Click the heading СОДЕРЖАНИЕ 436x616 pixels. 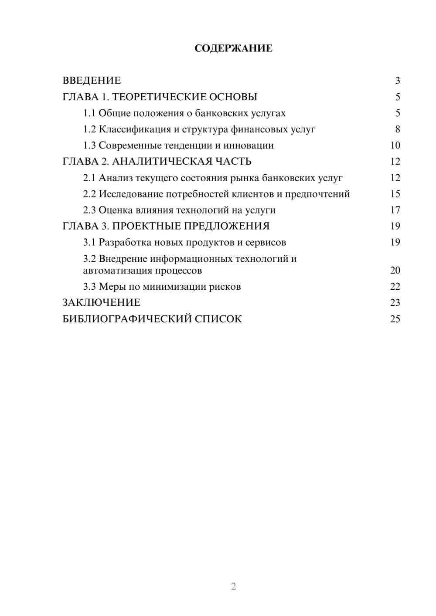pos(233,48)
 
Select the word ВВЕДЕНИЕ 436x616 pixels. pos(92,81)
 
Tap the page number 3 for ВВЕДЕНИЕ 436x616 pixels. pos(397,81)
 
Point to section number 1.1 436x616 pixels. pos(89,113)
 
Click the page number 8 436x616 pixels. pos(397,129)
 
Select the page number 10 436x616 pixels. pos(395,146)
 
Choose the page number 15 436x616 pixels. pos(395,194)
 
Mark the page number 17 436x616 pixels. pos(395,210)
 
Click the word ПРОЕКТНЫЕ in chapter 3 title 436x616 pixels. pos(149,226)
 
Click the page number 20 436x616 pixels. pos(395,271)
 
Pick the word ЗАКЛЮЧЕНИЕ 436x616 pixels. pos(101,303)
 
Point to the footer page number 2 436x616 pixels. pos(233,586)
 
